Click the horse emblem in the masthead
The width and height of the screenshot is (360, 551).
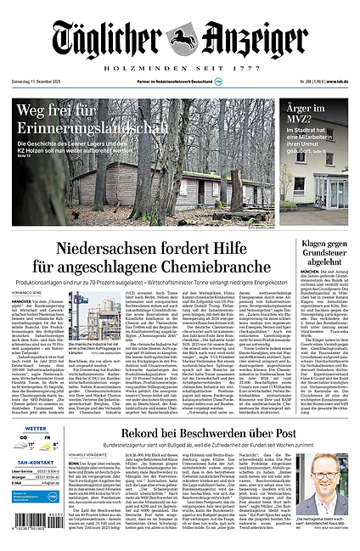[x=182, y=37]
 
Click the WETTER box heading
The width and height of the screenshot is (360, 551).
[x=36, y=430]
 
